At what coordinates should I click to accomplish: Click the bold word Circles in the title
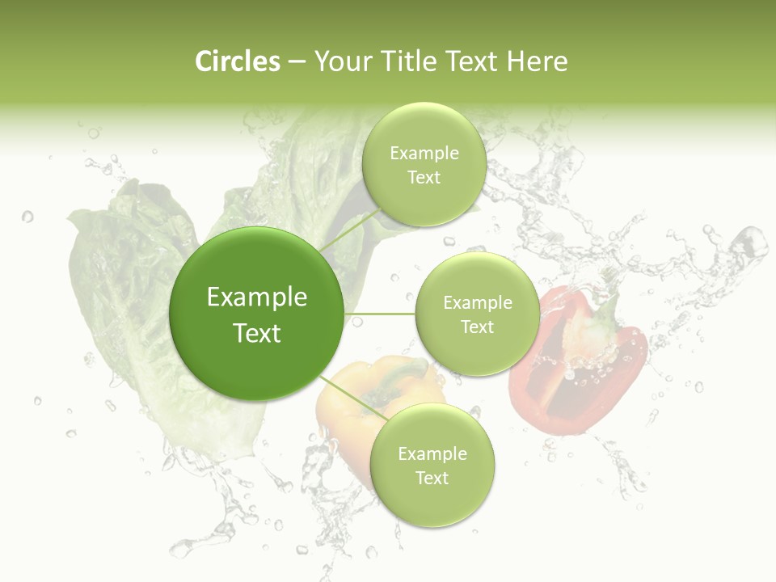point(238,61)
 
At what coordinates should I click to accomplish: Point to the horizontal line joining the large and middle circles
point(380,314)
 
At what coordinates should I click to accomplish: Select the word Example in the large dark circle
point(257,297)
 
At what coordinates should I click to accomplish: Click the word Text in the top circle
point(424,178)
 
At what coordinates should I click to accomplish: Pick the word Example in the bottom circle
point(432,454)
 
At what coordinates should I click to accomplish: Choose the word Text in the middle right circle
point(477,327)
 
